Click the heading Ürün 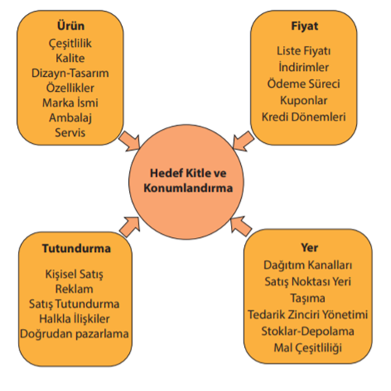pos(71,26)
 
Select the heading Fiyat pos(305,26)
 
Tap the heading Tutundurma pos(76,248)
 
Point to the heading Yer pos(309,247)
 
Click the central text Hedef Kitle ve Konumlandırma pos(188,180)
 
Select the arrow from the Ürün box pos(130,141)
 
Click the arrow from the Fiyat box pos(243,141)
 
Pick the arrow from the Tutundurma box pos(130,227)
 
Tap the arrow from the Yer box pos(241,226)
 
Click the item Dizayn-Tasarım pos(70,73)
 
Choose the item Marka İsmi pos(70,103)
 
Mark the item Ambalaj pos(70,118)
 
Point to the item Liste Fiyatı pos(304,51)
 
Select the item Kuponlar pos(304,100)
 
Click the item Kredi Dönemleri pos(304,117)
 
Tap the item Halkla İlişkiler pos(75,319)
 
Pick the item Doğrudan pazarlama pos(75,333)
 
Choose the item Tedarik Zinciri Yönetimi pos(308,315)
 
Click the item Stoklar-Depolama pos(308,331)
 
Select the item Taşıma pos(308,298)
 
